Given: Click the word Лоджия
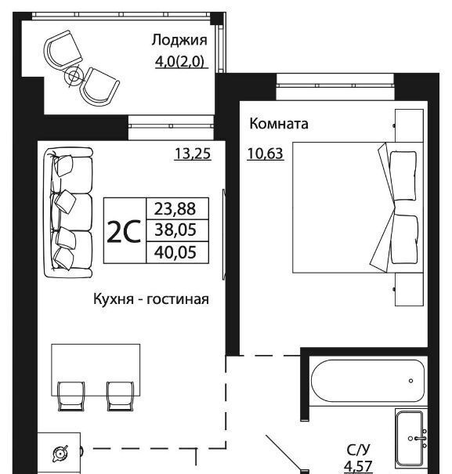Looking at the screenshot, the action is click(x=179, y=41).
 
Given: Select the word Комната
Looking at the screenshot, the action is click(x=279, y=124).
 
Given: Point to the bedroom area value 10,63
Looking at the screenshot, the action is click(x=265, y=154).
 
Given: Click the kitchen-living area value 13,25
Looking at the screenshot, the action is click(x=193, y=154).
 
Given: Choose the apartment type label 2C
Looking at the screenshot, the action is click(x=124, y=231).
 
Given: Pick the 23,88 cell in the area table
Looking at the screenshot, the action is click(x=175, y=208).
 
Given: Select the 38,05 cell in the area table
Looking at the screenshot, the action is click(x=175, y=230).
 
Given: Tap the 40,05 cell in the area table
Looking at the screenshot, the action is click(x=175, y=252).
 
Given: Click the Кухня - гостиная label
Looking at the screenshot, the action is click(x=151, y=299).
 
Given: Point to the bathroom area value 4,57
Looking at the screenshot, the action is click(x=358, y=467).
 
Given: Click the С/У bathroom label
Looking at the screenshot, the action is click(x=358, y=450).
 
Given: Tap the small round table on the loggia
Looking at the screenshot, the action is click(x=74, y=75).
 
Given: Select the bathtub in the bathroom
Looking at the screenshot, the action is click(x=367, y=381).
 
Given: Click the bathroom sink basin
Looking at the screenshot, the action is click(x=410, y=438).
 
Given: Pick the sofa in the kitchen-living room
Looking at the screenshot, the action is click(x=68, y=213).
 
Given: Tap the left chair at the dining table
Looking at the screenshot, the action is click(x=71, y=396).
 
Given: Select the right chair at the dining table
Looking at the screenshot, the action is click(x=120, y=396).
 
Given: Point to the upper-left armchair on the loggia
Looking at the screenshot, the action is click(x=63, y=50).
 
